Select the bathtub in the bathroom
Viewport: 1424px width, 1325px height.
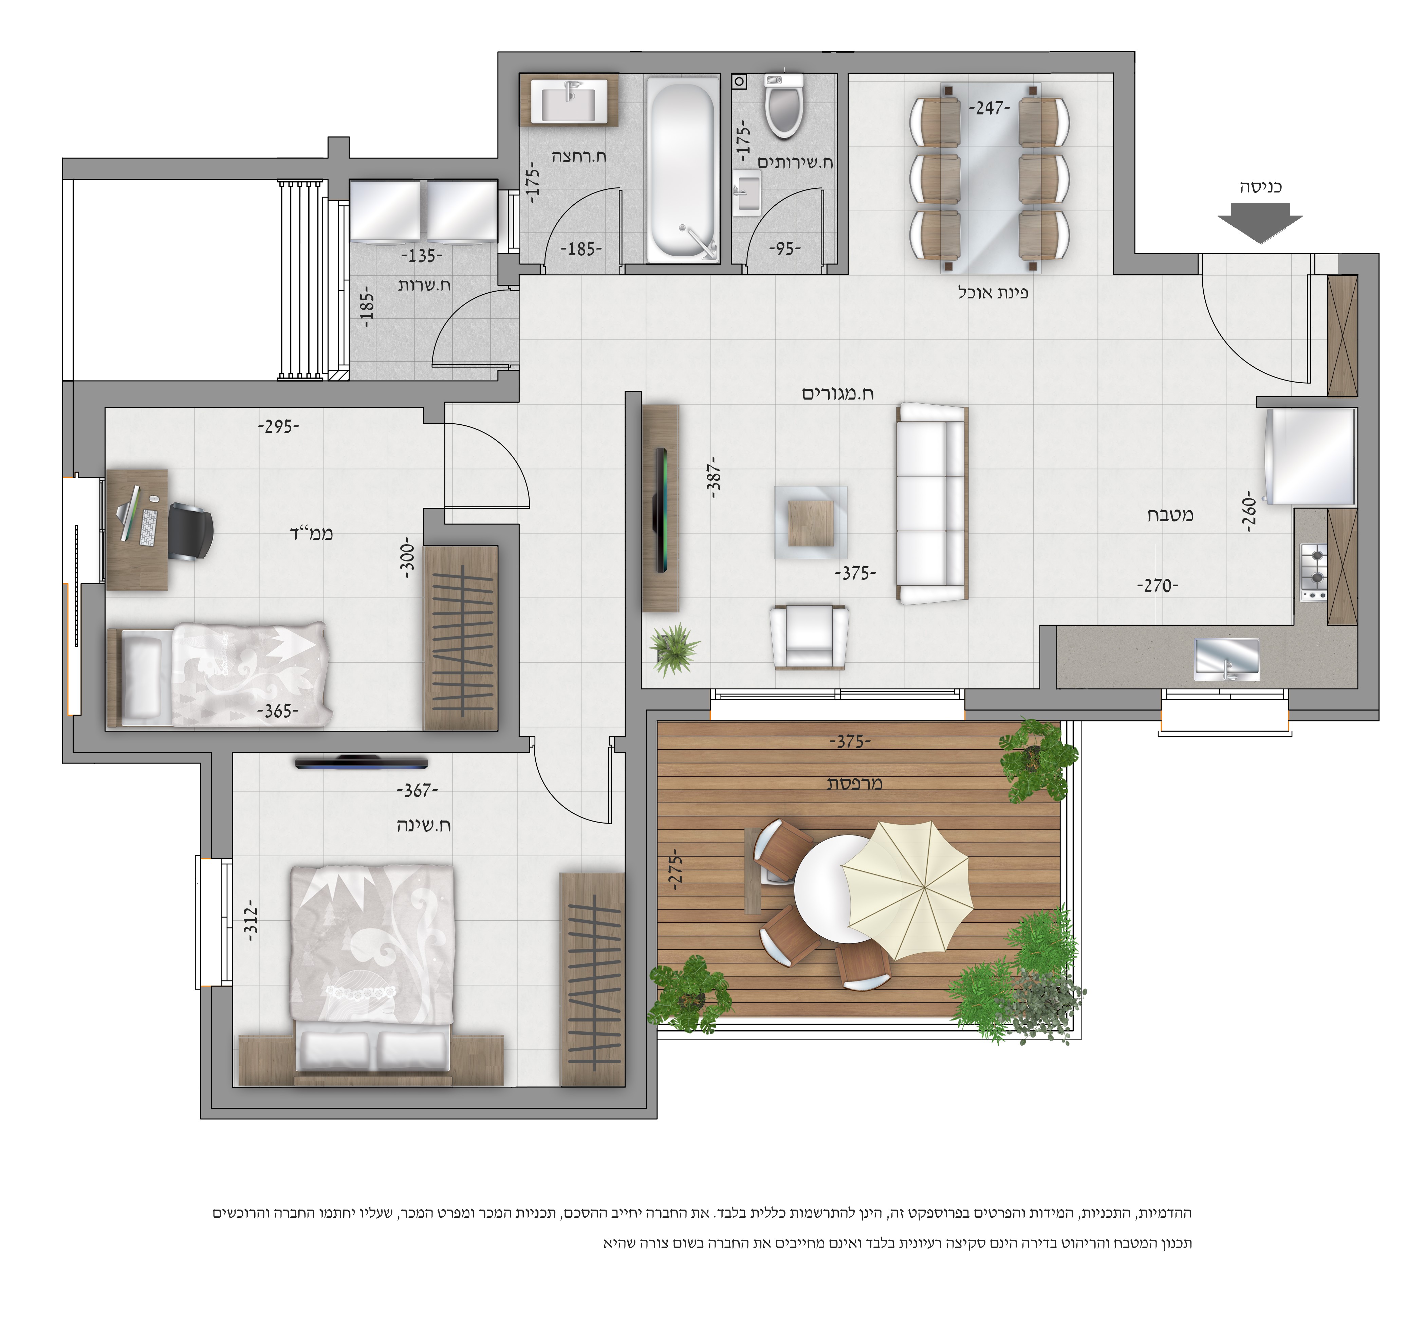pos(683,170)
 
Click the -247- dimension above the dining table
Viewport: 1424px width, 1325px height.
pos(989,108)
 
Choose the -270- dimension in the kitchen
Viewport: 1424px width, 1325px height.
pos(1157,586)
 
